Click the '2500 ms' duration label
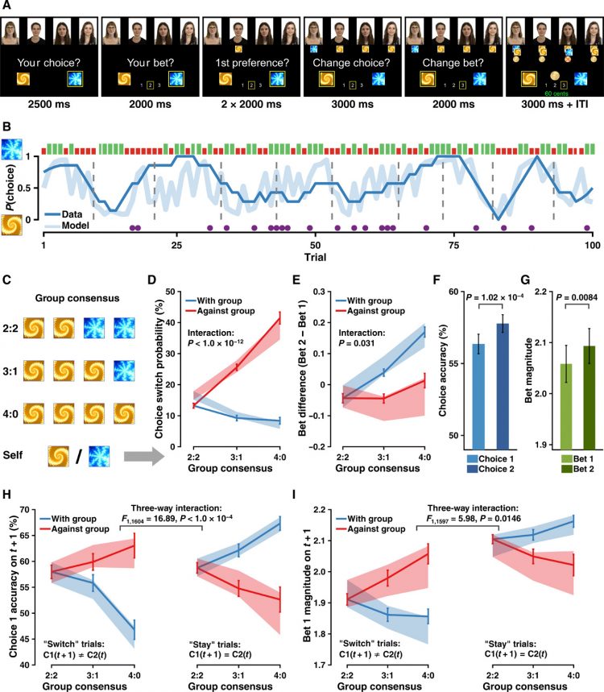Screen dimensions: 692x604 pos(50,103)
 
